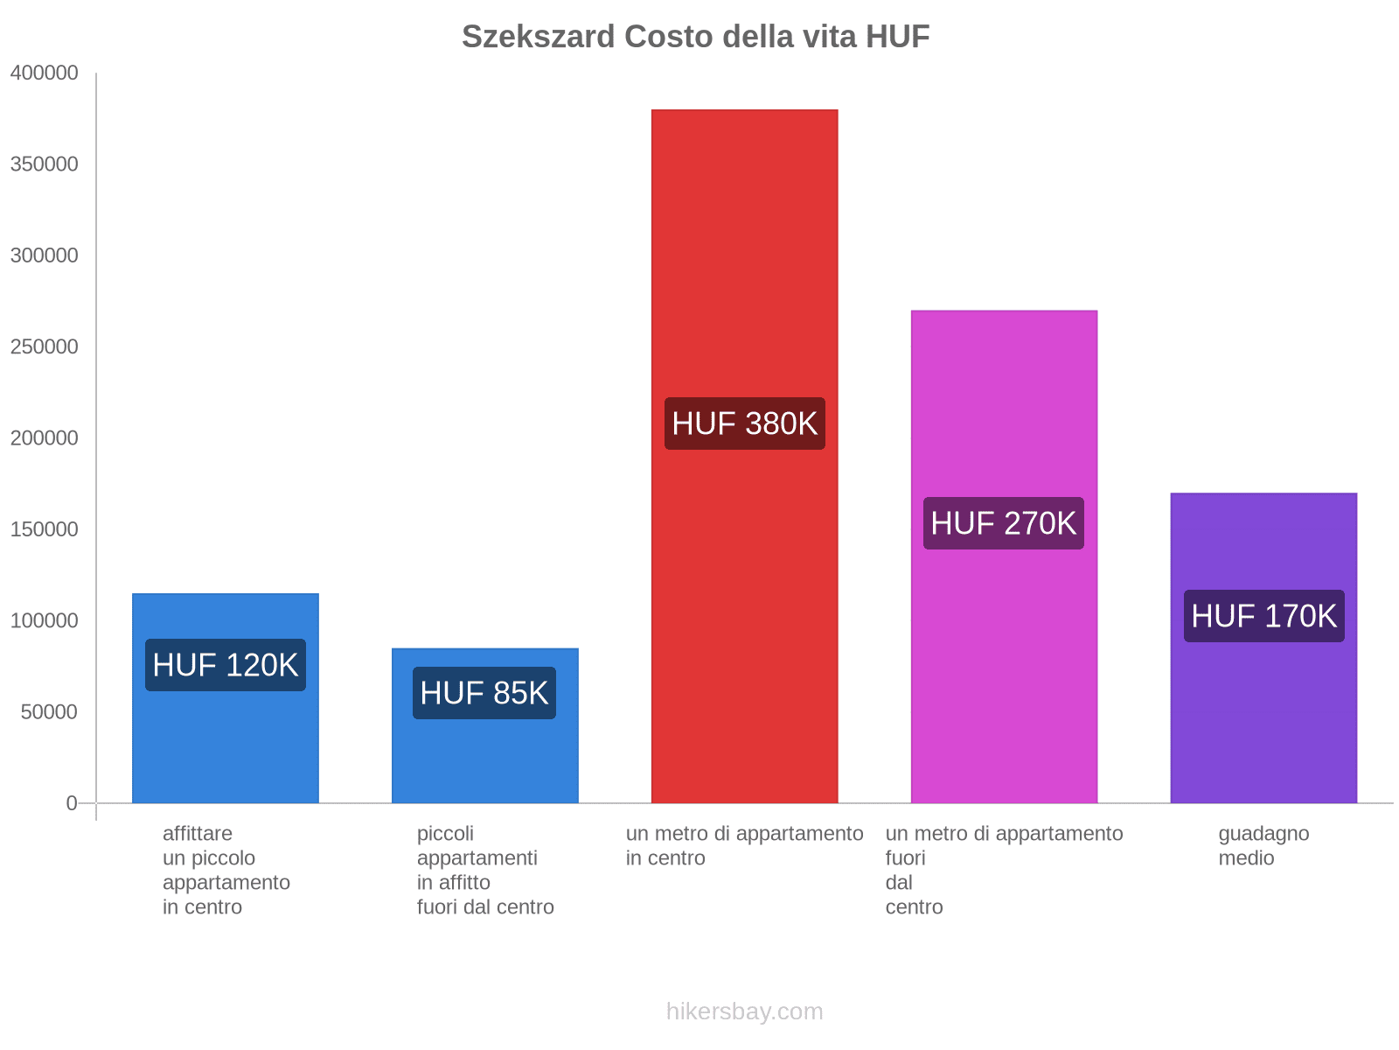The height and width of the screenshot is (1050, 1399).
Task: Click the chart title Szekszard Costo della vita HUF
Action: pos(695,37)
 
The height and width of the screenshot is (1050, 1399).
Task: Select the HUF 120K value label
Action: pos(226,665)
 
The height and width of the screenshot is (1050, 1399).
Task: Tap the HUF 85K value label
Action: pos(484,693)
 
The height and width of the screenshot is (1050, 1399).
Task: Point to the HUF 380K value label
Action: pos(744,423)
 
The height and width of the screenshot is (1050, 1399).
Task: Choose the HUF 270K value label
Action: pos(1004,523)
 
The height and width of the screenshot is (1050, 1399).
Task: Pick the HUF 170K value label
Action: pos(1263,616)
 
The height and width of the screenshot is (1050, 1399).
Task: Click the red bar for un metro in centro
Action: pos(744,262)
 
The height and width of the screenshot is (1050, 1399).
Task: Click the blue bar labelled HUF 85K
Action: pos(484,761)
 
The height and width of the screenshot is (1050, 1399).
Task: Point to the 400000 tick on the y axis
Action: pos(45,73)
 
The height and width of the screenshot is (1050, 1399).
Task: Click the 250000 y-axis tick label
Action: pos(45,347)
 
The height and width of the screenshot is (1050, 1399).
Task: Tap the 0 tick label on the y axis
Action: pos(72,803)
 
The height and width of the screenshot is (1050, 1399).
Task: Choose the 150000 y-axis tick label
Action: pos(45,529)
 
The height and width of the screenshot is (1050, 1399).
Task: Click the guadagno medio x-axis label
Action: pos(1263,845)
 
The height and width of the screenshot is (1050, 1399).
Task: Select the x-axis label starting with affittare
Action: pos(226,870)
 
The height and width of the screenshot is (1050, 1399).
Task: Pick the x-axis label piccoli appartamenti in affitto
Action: pos(484,870)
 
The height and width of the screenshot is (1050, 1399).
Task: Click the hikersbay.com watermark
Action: pos(744,1011)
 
